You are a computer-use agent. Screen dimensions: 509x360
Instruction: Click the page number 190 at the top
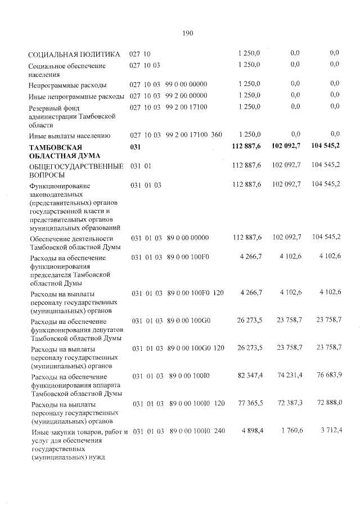188,33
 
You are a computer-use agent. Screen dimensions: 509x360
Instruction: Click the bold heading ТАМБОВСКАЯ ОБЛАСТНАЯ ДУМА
65,151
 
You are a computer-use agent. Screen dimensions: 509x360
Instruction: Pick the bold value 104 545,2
326,147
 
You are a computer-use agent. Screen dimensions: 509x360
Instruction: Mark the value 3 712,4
330,431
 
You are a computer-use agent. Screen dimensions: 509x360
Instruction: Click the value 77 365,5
249,404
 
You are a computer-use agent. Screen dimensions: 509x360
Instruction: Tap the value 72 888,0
328,404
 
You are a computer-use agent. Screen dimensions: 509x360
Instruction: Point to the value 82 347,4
249,375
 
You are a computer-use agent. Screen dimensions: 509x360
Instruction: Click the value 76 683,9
328,375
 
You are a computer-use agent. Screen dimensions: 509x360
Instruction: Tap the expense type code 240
219,431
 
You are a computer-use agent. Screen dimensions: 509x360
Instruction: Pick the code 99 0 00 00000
187,84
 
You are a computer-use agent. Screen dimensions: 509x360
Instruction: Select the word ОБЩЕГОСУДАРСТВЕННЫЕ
76,166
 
